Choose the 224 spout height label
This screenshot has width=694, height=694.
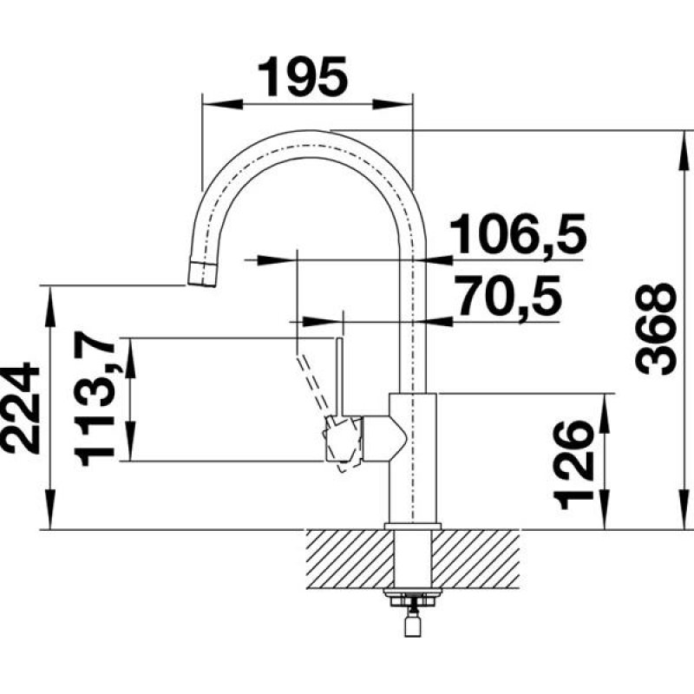(21, 408)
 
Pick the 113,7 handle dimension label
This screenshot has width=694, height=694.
(96, 399)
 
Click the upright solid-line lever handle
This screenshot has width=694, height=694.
(339, 373)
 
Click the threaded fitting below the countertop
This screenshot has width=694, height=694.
(411, 603)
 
